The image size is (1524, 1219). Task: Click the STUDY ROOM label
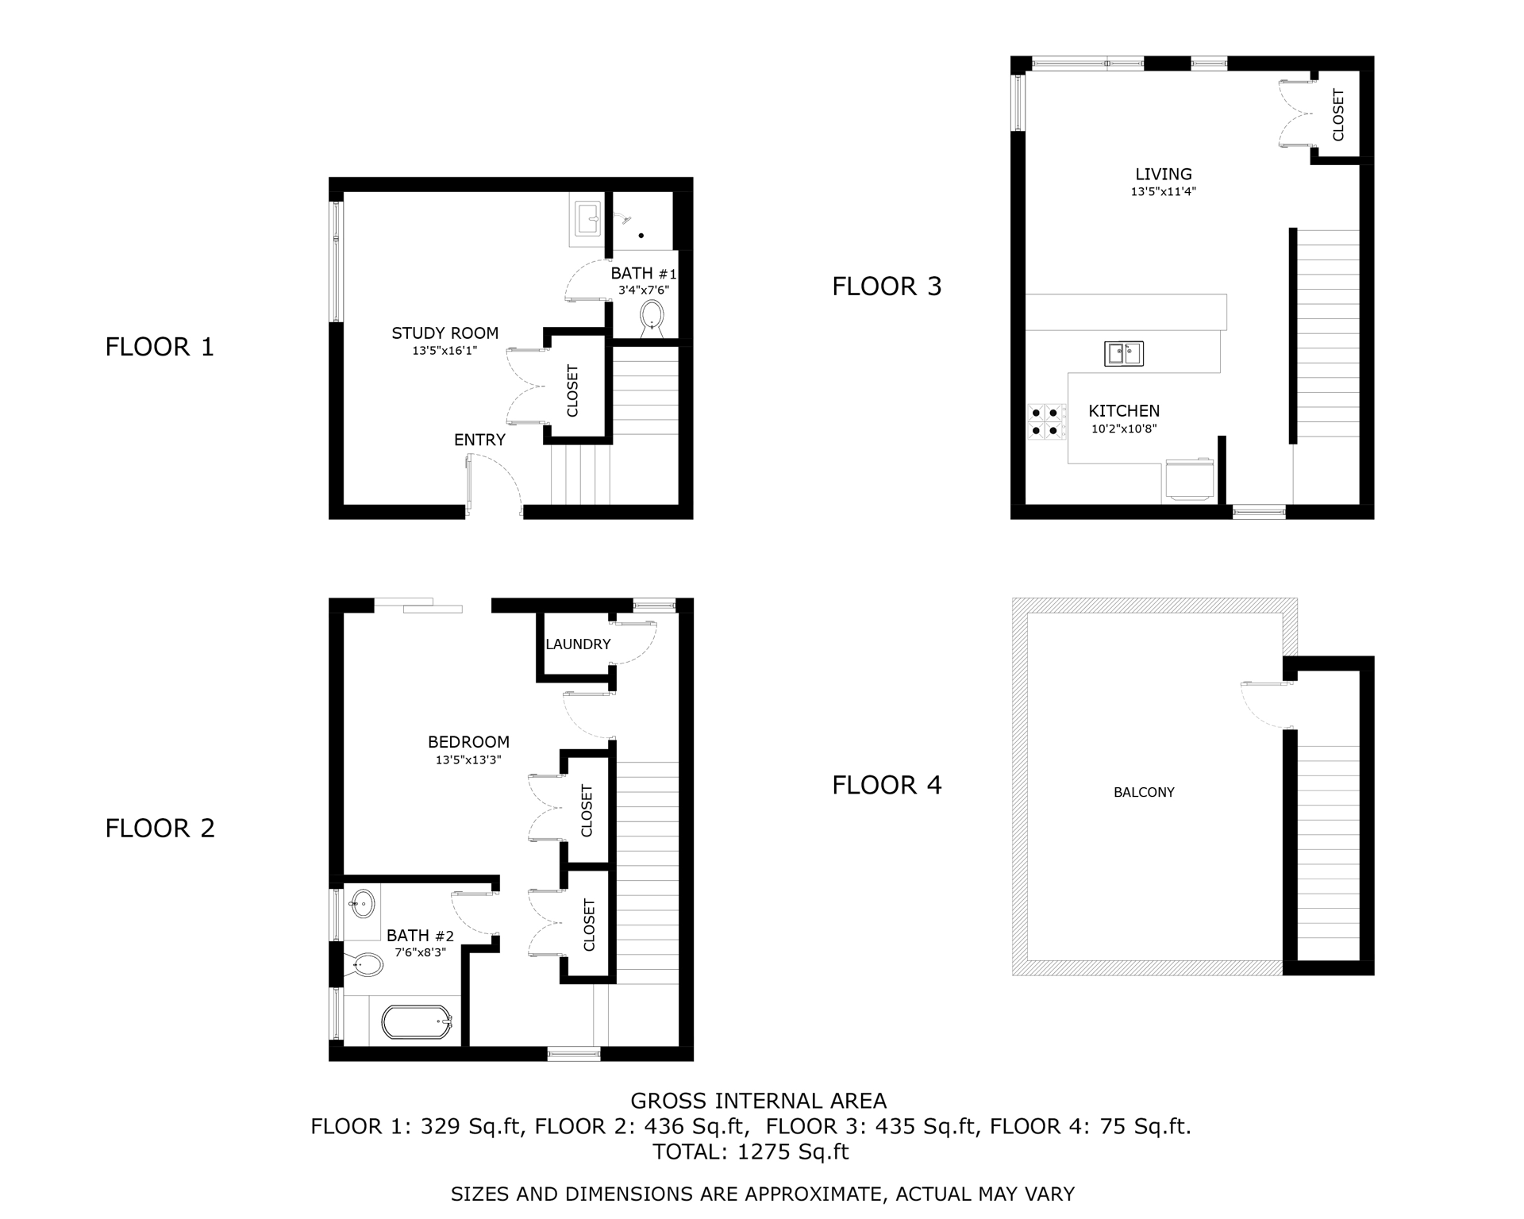[x=444, y=333]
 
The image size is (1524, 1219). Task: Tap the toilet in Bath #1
[x=652, y=315]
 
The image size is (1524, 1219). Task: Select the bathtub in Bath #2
[x=417, y=1022]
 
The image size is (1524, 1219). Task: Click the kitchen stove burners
[x=1046, y=421]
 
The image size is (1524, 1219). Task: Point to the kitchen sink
[x=1124, y=353]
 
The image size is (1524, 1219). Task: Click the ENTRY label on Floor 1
[x=479, y=440]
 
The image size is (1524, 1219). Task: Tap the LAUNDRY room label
[x=578, y=644]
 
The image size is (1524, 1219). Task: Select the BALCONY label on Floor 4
[x=1144, y=792]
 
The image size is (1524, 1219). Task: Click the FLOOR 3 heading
[x=887, y=286]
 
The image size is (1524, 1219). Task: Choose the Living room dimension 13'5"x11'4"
[x=1163, y=191]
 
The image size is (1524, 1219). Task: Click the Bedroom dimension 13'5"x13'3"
[x=468, y=759]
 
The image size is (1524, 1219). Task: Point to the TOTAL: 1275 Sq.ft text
[x=750, y=1152]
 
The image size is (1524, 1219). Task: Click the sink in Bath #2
[x=363, y=903]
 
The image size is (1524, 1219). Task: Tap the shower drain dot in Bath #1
[x=641, y=236]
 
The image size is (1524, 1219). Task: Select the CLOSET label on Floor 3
[x=1338, y=115]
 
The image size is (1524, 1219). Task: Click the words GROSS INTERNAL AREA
[x=758, y=1101]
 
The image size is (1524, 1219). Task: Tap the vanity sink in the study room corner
[x=588, y=219]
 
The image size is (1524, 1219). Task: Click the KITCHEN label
[x=1124, y=411]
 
